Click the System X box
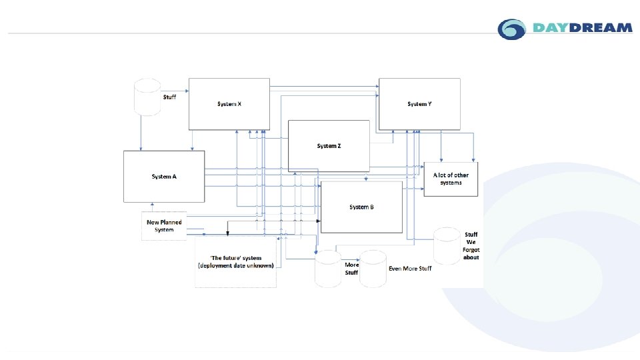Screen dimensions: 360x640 (229, 104)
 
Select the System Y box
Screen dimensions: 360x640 (419, 104)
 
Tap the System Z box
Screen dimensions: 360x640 (329, 146)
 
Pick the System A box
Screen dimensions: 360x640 (164, 177)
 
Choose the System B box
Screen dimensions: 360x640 (361, 207)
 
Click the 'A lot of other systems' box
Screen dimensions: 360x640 (451, 179)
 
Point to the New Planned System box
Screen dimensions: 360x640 (164, 226)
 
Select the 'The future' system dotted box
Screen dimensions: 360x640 (235, 262)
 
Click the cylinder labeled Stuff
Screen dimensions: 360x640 (147, 97)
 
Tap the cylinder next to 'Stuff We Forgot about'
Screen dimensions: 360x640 (447, 246)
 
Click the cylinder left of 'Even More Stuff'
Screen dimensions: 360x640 (373, 269)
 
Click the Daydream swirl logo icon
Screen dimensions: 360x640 (512, 29)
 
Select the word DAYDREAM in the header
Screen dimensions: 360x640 (582, 28)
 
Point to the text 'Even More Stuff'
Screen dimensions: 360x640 (410, 269)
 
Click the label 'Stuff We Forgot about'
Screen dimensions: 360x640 (471, 246)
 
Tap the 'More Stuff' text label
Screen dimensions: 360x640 (351, 269)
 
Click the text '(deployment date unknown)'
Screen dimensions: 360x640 (235, 266)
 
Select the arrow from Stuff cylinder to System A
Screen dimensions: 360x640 (141, 133)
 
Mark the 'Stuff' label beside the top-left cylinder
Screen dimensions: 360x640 (170, 97)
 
